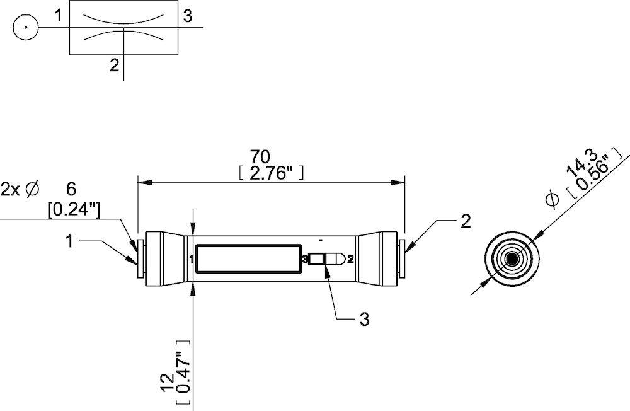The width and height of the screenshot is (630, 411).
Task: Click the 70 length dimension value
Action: tap(260, 156)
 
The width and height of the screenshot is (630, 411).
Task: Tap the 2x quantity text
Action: tap(10, 188)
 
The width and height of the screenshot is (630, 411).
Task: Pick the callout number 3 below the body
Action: tap(364, 319)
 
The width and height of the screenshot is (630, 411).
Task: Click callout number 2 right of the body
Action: tap(465, 221)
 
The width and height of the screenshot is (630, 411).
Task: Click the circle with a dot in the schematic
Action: tap(26, 28)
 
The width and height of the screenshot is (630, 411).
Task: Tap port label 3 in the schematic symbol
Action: tap(187, 16)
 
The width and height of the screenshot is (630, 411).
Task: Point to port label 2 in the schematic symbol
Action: tap(114, 65)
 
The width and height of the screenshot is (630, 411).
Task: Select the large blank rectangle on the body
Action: tap(248, 258)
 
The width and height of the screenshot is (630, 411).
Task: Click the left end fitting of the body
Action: tap(140, 259)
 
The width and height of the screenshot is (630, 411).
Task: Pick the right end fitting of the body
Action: tap(401, 259)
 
